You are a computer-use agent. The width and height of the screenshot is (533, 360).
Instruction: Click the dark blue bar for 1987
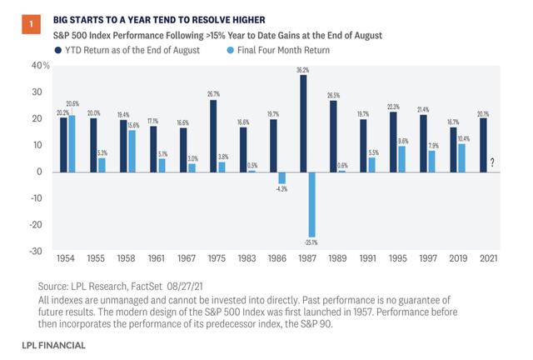302,123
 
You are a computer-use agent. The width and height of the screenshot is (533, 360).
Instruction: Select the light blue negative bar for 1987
311,204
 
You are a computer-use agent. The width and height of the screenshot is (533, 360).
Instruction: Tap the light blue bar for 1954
71,143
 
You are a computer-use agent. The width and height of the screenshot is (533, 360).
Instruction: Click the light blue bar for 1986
281,177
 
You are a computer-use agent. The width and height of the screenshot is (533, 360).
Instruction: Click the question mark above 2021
492,164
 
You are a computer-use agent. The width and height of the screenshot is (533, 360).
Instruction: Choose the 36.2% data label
302,70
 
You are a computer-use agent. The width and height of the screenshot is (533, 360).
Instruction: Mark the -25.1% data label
312,242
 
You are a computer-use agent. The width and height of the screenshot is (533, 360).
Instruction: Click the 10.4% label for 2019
463,137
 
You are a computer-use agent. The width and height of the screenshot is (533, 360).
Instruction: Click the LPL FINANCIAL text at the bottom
56,344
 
